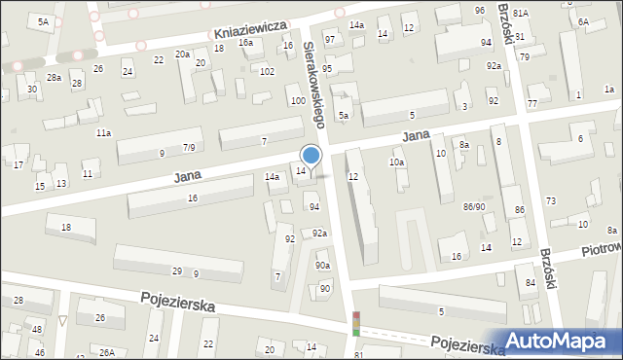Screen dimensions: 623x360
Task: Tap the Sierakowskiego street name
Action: [312, 83]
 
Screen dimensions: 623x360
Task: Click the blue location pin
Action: [311, 157]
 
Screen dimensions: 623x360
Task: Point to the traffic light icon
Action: [356, 323]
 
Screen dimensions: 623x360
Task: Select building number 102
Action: [267, 71]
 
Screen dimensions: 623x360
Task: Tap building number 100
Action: [297, 101]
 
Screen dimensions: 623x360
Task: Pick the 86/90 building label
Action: [474, 206]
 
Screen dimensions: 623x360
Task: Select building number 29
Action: [177, 270]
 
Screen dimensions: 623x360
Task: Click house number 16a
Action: [246, 43]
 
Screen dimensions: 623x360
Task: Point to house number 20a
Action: [182, 54]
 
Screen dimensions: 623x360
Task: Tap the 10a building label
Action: [396, 162]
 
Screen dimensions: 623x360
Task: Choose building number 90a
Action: [322, 266]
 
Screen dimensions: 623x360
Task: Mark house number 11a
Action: [102, 132]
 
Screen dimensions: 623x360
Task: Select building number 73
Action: [550, 200]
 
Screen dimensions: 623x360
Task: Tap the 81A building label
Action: [521, 13]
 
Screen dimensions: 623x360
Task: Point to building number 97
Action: [330, 39]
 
